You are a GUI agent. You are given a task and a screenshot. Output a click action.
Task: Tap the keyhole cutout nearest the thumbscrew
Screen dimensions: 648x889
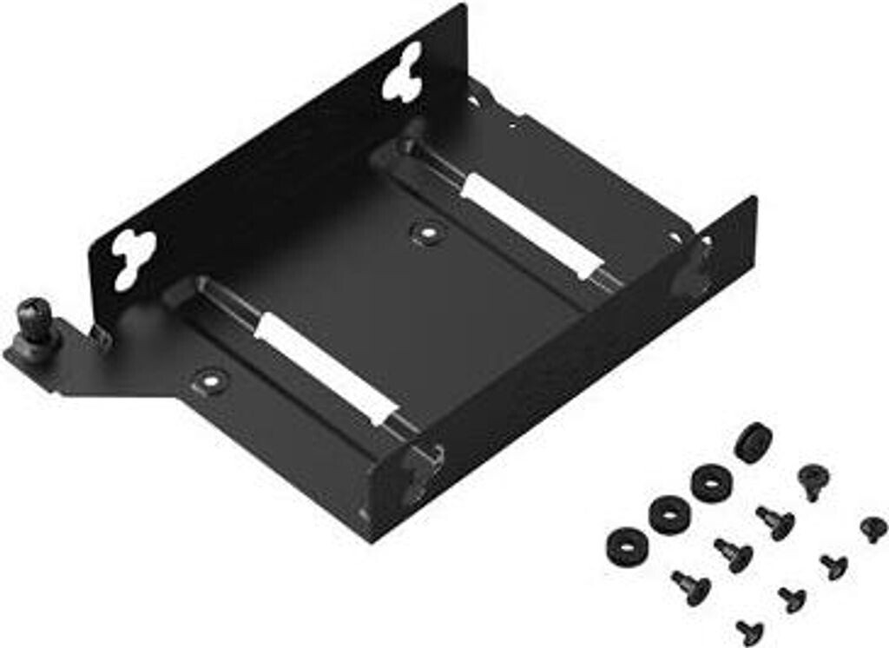coord(134,257)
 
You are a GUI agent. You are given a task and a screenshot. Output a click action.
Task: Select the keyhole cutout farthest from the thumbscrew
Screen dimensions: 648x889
coord(404,72)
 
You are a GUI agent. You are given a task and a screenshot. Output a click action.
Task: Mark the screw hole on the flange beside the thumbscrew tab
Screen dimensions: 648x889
coord(209,379)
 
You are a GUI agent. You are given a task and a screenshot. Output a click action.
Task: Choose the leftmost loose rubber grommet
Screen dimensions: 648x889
coord(627,544)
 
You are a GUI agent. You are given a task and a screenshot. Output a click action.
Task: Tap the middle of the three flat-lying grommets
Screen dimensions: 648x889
coord(669,514)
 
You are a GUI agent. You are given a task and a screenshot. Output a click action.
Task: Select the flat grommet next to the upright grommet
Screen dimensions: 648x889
coord(712,482)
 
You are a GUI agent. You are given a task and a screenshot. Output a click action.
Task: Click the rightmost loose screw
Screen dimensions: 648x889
coord(873,528)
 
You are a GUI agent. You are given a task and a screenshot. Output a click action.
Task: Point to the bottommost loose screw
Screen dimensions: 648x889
coord(749,630)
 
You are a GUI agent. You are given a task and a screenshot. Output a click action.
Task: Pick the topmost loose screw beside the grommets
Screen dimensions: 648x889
coord(813,480)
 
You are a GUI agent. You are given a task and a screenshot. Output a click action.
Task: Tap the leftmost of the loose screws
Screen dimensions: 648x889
coord(691,587)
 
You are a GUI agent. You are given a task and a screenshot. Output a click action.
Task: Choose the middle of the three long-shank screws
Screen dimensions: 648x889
coord(733,554)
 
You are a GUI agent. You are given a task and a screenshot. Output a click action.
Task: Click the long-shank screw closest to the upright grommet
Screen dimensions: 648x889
coord(774,522)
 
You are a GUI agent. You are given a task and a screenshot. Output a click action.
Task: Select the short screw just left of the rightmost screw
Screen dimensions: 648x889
coord(833,565)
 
